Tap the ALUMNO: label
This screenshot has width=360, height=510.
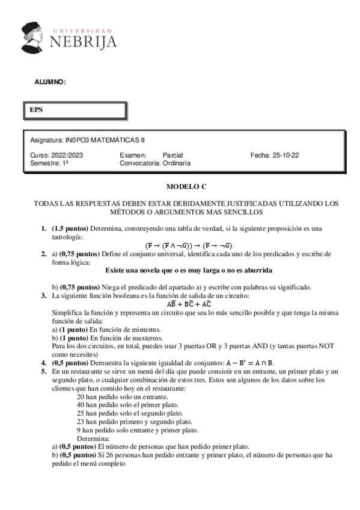(49, 82)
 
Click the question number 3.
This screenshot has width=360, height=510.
(43, 295)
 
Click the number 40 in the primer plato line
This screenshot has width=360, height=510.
(82, 405)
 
